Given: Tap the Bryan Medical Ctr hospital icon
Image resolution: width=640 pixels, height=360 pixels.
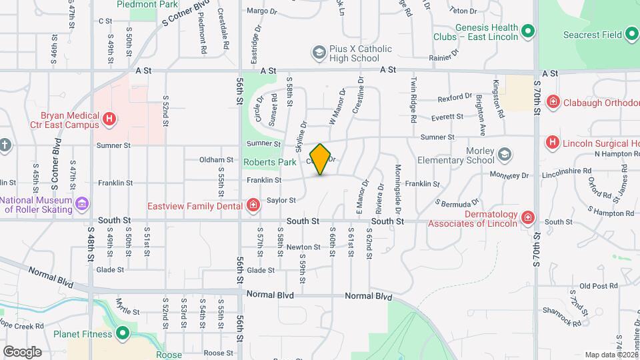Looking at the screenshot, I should pyautogui.click(x=109, y=119).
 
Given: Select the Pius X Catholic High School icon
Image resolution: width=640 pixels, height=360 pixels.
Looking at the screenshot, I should pyautogui.click(x=319, y=52).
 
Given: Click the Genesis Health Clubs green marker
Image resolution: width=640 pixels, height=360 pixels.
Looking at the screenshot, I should pyautogui.click(x=528, y=31).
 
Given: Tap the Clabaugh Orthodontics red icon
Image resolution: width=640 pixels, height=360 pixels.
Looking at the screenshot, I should pyautogui.click(x=553, y=102).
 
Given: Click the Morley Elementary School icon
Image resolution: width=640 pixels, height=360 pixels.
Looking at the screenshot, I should pyautogui.click(x=505, y=155).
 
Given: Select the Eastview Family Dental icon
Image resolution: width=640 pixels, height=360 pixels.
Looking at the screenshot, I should pyautogui.click(x=253, y=205).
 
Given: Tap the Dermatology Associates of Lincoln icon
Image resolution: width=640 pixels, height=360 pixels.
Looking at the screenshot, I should pyautogui.click(x=527, y=217).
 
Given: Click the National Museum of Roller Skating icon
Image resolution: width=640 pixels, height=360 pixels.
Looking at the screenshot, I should pyautogui.click(x=82, y=203).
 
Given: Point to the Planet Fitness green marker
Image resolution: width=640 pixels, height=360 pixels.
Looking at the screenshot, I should pyautogui.click(x=122, y=333).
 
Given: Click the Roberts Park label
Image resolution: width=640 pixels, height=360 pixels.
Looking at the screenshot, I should pyautogui.click(x=269, y=162).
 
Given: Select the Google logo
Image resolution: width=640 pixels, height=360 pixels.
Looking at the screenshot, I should pyautogui.click(x=22, y=351).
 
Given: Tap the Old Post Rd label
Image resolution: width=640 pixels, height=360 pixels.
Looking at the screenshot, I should pyautogui.click(x=594, y=286).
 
